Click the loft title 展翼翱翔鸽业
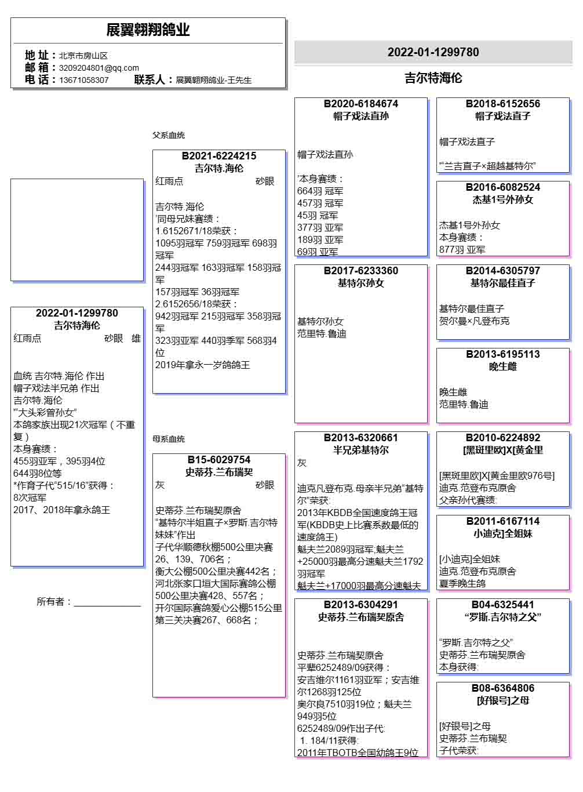pos(148,30)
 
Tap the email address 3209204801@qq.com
pos(99,68)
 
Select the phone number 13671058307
pos(83,80)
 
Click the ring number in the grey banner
pos(433,52)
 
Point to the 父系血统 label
pos(169,135)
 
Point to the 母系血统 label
pos(169,439)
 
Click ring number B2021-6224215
pos(219,156)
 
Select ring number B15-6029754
pos(219,460)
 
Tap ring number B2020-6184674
pos(361,104)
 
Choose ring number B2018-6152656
pos(502,104)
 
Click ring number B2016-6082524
pos(502,187)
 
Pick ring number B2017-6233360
pos(361,271)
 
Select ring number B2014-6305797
pos(502,271)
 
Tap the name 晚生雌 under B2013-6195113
pos(502,366)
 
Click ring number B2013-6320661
pos(361,438)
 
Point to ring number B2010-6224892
pos(502,438)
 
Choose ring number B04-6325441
pos(502,605)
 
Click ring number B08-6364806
pos(502,688)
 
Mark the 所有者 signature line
pos(107,605)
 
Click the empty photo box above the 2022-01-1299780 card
pos(77,230)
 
